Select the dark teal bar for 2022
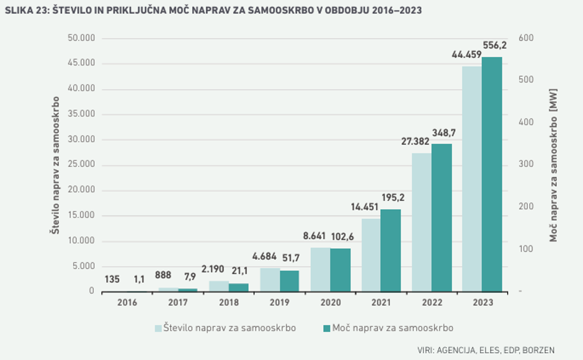pyautogui.click(x=442, y=217)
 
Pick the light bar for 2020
pyautogui.click(x=320, y=269)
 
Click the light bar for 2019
pyautogui.click(x=270, y=279)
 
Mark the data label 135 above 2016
pyautogui.click(x=112, y=279)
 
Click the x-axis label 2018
pyautogui.click(x=228, y=302)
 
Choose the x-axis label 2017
pyautogui.click(x=177, y=302)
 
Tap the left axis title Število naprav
pyautogui.click(x=56, y=164)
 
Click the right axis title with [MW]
pyautogui.click(x=554, y=164)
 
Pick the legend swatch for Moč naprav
pyautogui.click(x=326, y=327)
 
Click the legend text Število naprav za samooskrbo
pyautogui.click(x=229, y=327)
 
